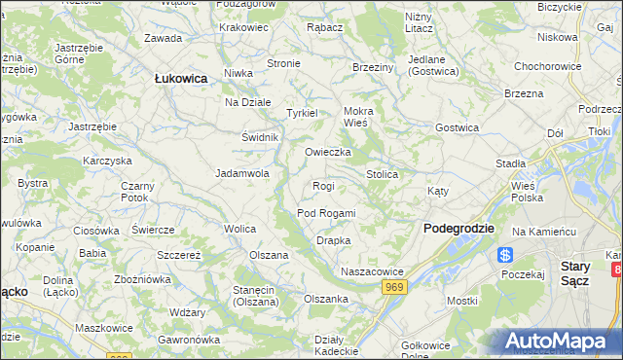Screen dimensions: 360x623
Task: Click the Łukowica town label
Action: pyautogui.click(x=181, y=78)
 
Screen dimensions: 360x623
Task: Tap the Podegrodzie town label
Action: pyautogui.click(x=458, y=228)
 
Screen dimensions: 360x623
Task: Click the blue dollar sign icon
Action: pyautogui.click(x=504, y=255)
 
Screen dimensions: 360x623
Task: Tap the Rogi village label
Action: pyautogui.click(x=323, y=186)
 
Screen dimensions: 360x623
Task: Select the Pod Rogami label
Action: pyautogui.click(x=326, y=213)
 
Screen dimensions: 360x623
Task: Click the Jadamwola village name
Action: pyautogui.click(x=241, y=174)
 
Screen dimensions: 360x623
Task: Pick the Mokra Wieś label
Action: pyautogui.click(x=358, y=117)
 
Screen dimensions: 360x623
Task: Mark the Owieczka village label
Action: pyautogui.click(x=327, y=153)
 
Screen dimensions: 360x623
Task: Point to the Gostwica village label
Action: pyautogui.click(x=457, y=128)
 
